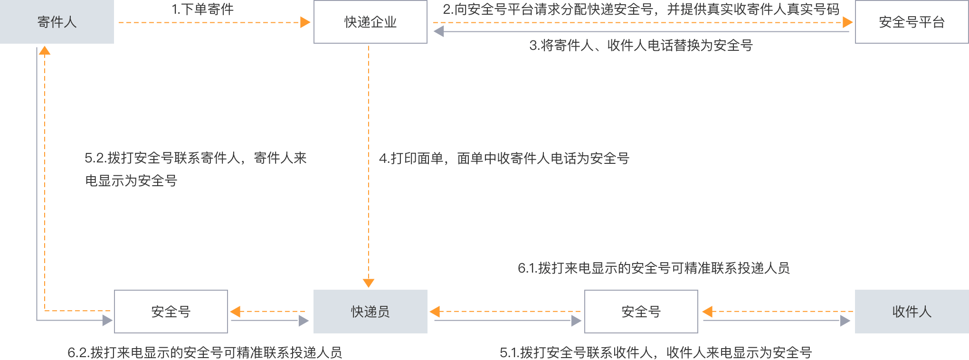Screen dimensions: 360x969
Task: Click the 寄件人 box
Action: click(x=57, y=22)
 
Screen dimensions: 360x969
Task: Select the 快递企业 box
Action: click(x=370, y=22)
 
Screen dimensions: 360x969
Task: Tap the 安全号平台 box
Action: click(x=912, y=22)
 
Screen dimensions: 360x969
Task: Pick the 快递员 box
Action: click(x=370, y=312)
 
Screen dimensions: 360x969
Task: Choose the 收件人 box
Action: click(x=912, y=312)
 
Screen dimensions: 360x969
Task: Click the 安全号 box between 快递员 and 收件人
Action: click(x=641, y=312)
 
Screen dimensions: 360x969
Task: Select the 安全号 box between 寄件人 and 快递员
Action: click(x=171, y=312)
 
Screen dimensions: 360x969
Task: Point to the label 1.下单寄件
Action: click(x=203, y=9)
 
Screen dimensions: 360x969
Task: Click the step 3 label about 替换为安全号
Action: click(x=641, y=46)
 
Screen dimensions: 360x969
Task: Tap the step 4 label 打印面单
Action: click(x=503, y=158)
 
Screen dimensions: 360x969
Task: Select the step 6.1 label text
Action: click(x=653, y=268)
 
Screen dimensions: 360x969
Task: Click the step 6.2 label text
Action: click(x=205, y=352)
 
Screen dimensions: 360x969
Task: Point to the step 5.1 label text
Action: click(x=655, y=352)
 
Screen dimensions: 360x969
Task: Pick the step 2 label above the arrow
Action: click(x=641, y=9)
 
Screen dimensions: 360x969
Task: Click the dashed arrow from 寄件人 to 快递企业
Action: click(x=214, y=22)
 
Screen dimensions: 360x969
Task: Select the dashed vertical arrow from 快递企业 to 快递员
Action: click(x=369, y=166)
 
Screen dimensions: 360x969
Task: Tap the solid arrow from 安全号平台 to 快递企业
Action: click(x=641, y=31)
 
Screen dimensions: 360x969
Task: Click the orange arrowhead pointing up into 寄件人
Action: click(x=45, y=50)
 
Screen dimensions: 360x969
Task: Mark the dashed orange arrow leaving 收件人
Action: click(x=779, y=312)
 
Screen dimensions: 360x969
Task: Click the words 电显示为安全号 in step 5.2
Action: click(x=131, y=181)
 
